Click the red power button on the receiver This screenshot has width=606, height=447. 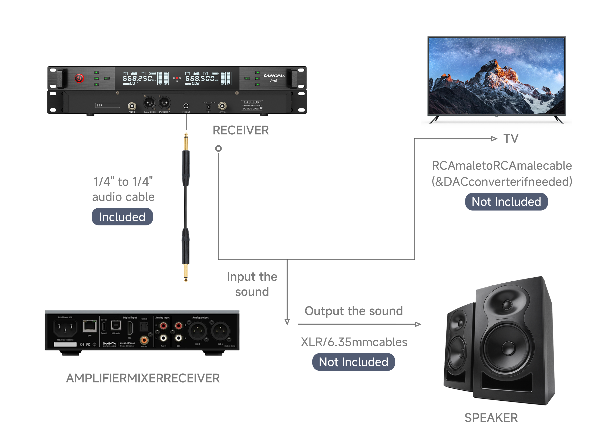pos(79,79)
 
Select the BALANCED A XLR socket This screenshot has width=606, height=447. pos(164,103)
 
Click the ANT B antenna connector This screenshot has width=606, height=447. pos(132,106)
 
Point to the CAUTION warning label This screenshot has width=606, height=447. pos(252,105)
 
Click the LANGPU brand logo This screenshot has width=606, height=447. pos(274,76)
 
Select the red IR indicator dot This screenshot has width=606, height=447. pos(177,78)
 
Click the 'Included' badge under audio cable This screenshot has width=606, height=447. pos(122,217)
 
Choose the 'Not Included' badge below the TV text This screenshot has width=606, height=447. pos(506,202)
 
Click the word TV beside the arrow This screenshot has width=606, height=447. pos(511,139)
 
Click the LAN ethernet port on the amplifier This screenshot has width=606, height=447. pos(90,326)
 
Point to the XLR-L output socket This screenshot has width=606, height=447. pos(220,331)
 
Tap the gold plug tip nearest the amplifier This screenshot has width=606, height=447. pos(186,275)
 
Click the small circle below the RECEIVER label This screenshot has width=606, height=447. pos(218,148)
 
